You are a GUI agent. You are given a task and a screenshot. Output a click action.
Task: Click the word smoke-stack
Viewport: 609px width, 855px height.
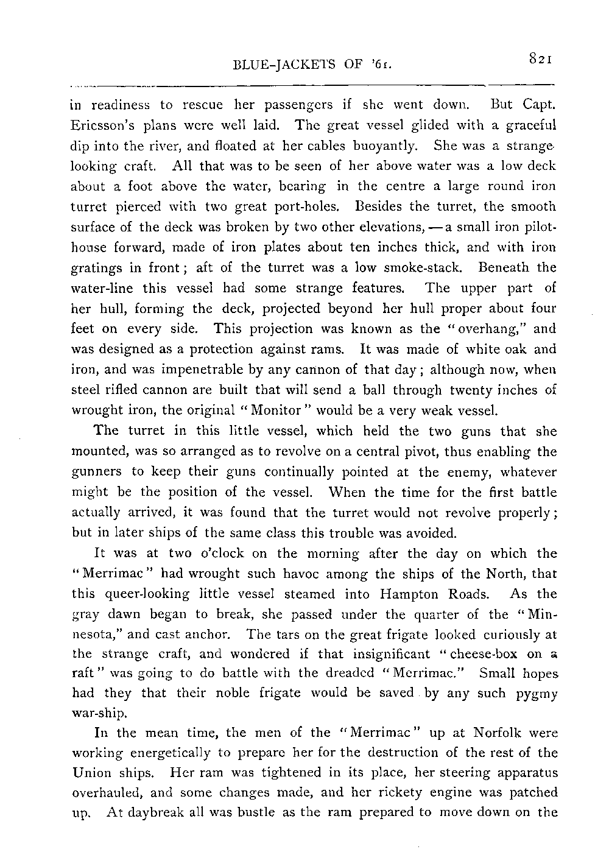[424, 268]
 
